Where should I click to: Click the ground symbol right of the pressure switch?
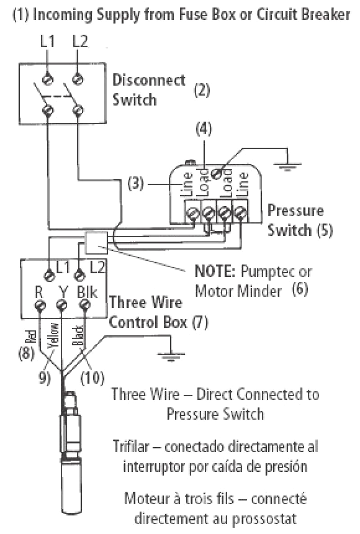(283, 167)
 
